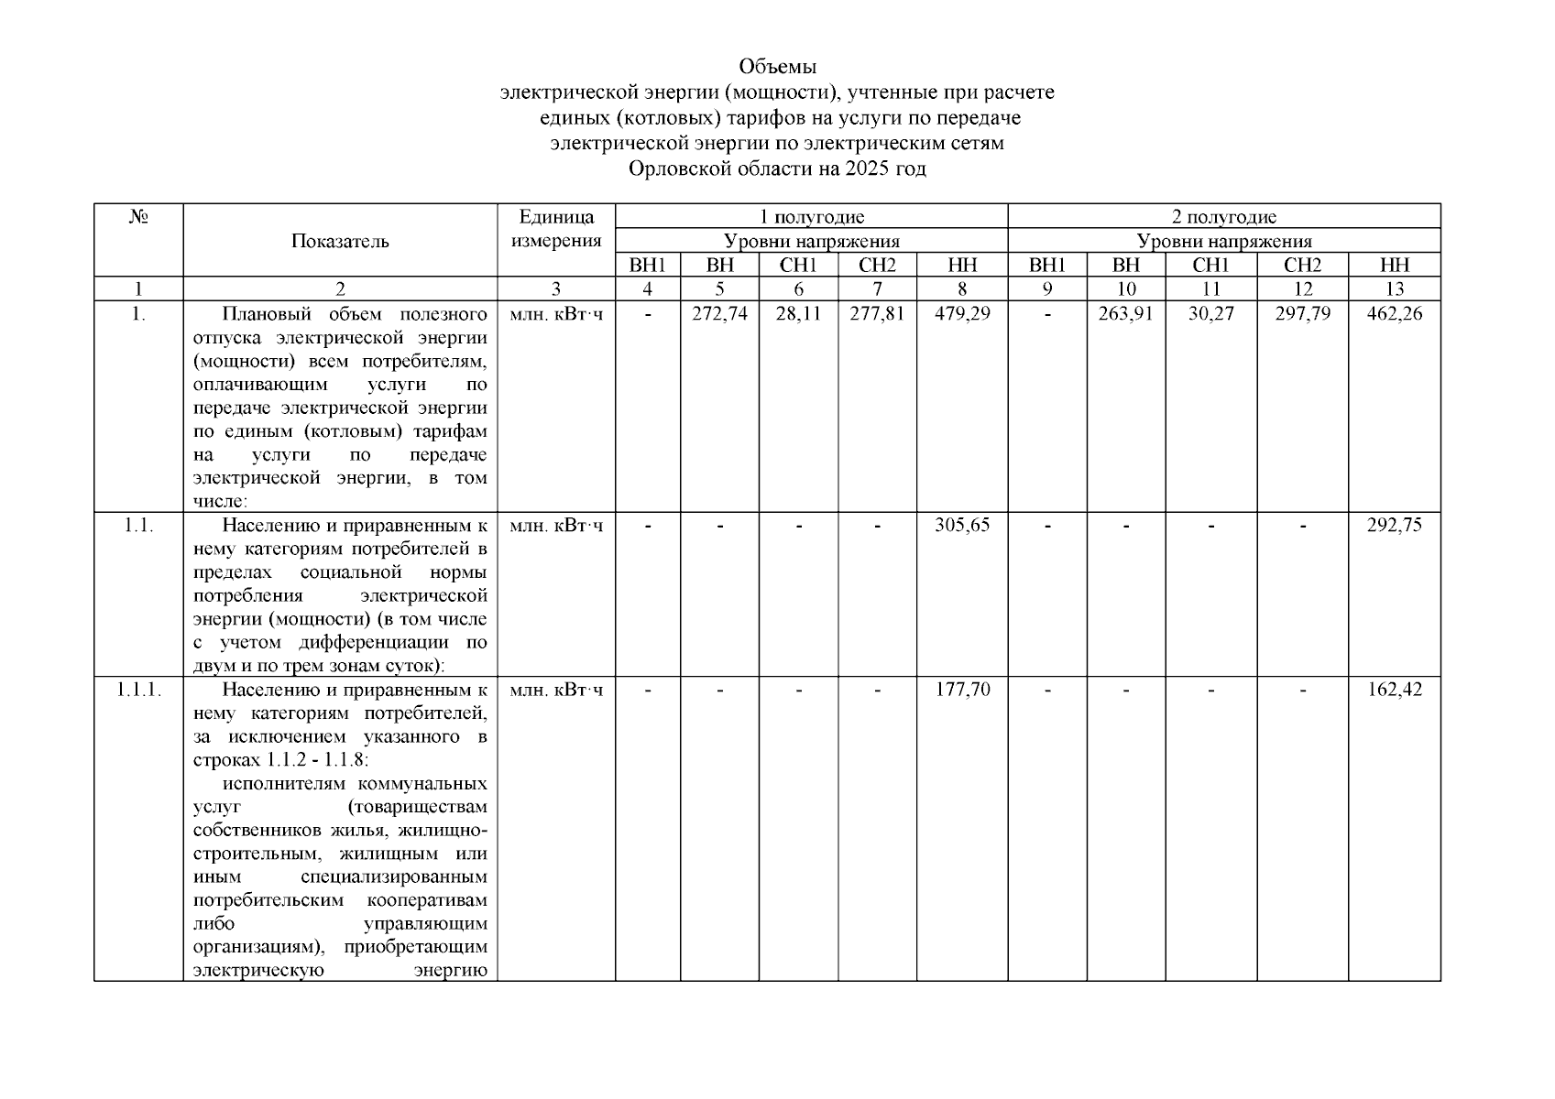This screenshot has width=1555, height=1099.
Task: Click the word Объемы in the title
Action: coord(777,67)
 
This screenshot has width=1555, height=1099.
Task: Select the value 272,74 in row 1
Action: coord(719,314)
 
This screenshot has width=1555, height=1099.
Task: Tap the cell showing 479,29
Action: coord(962,314)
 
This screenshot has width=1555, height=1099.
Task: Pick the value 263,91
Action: coord(1126,314)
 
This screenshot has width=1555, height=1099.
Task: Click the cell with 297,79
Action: coord(1302,314)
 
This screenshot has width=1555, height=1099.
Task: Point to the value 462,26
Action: coord(1394,314)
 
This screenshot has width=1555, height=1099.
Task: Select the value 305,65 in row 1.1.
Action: coord(962,526)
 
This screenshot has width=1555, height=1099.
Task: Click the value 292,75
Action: coord(1394,526)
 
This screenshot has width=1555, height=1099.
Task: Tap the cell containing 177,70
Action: coord(962,689)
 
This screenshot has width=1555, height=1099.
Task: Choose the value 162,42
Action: coord(1394,689)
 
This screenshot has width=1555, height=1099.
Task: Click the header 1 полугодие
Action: coord(812,217)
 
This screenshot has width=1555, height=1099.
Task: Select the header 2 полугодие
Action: coord(1224,217)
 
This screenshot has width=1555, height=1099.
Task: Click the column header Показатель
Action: coord(340,242)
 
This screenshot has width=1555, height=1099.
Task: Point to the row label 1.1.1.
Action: coord(138,689)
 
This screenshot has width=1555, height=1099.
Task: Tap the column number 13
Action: coord(1394,289)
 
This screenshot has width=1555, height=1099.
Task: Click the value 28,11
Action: coord(798,314)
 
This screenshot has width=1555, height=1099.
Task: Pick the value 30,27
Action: coord(1210,314)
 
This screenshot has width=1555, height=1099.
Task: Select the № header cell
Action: coord(138,218)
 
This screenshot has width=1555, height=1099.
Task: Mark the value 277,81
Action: coord(877,314)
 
